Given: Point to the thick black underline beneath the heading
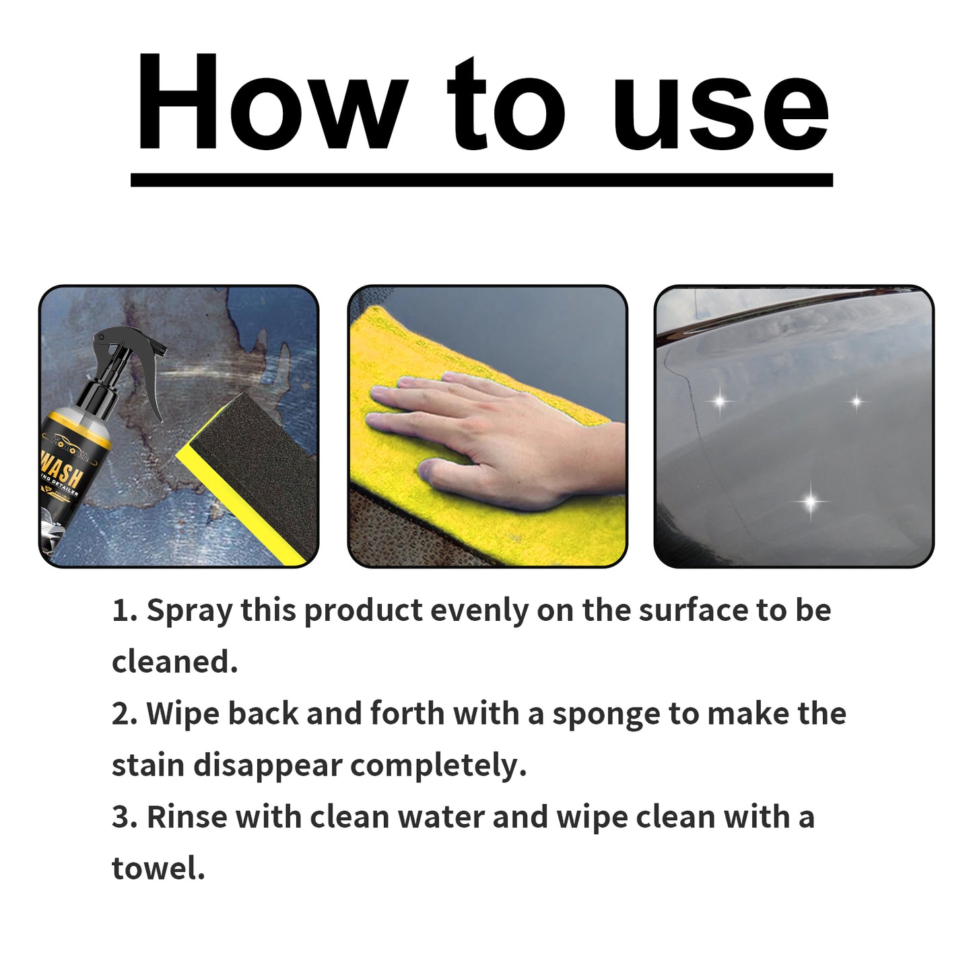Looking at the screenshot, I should [481, 180].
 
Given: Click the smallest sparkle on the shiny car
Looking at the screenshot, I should [857, 402].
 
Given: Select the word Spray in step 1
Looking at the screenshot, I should [189, 611].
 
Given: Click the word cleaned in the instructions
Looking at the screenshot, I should [173, 663].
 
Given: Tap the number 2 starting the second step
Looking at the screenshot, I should [123, 714].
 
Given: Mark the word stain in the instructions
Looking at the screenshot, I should [148, 766].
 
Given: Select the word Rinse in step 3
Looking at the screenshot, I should [187, 817].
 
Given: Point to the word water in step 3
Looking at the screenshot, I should [440, 817].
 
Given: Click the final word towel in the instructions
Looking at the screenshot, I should [157, 869].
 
